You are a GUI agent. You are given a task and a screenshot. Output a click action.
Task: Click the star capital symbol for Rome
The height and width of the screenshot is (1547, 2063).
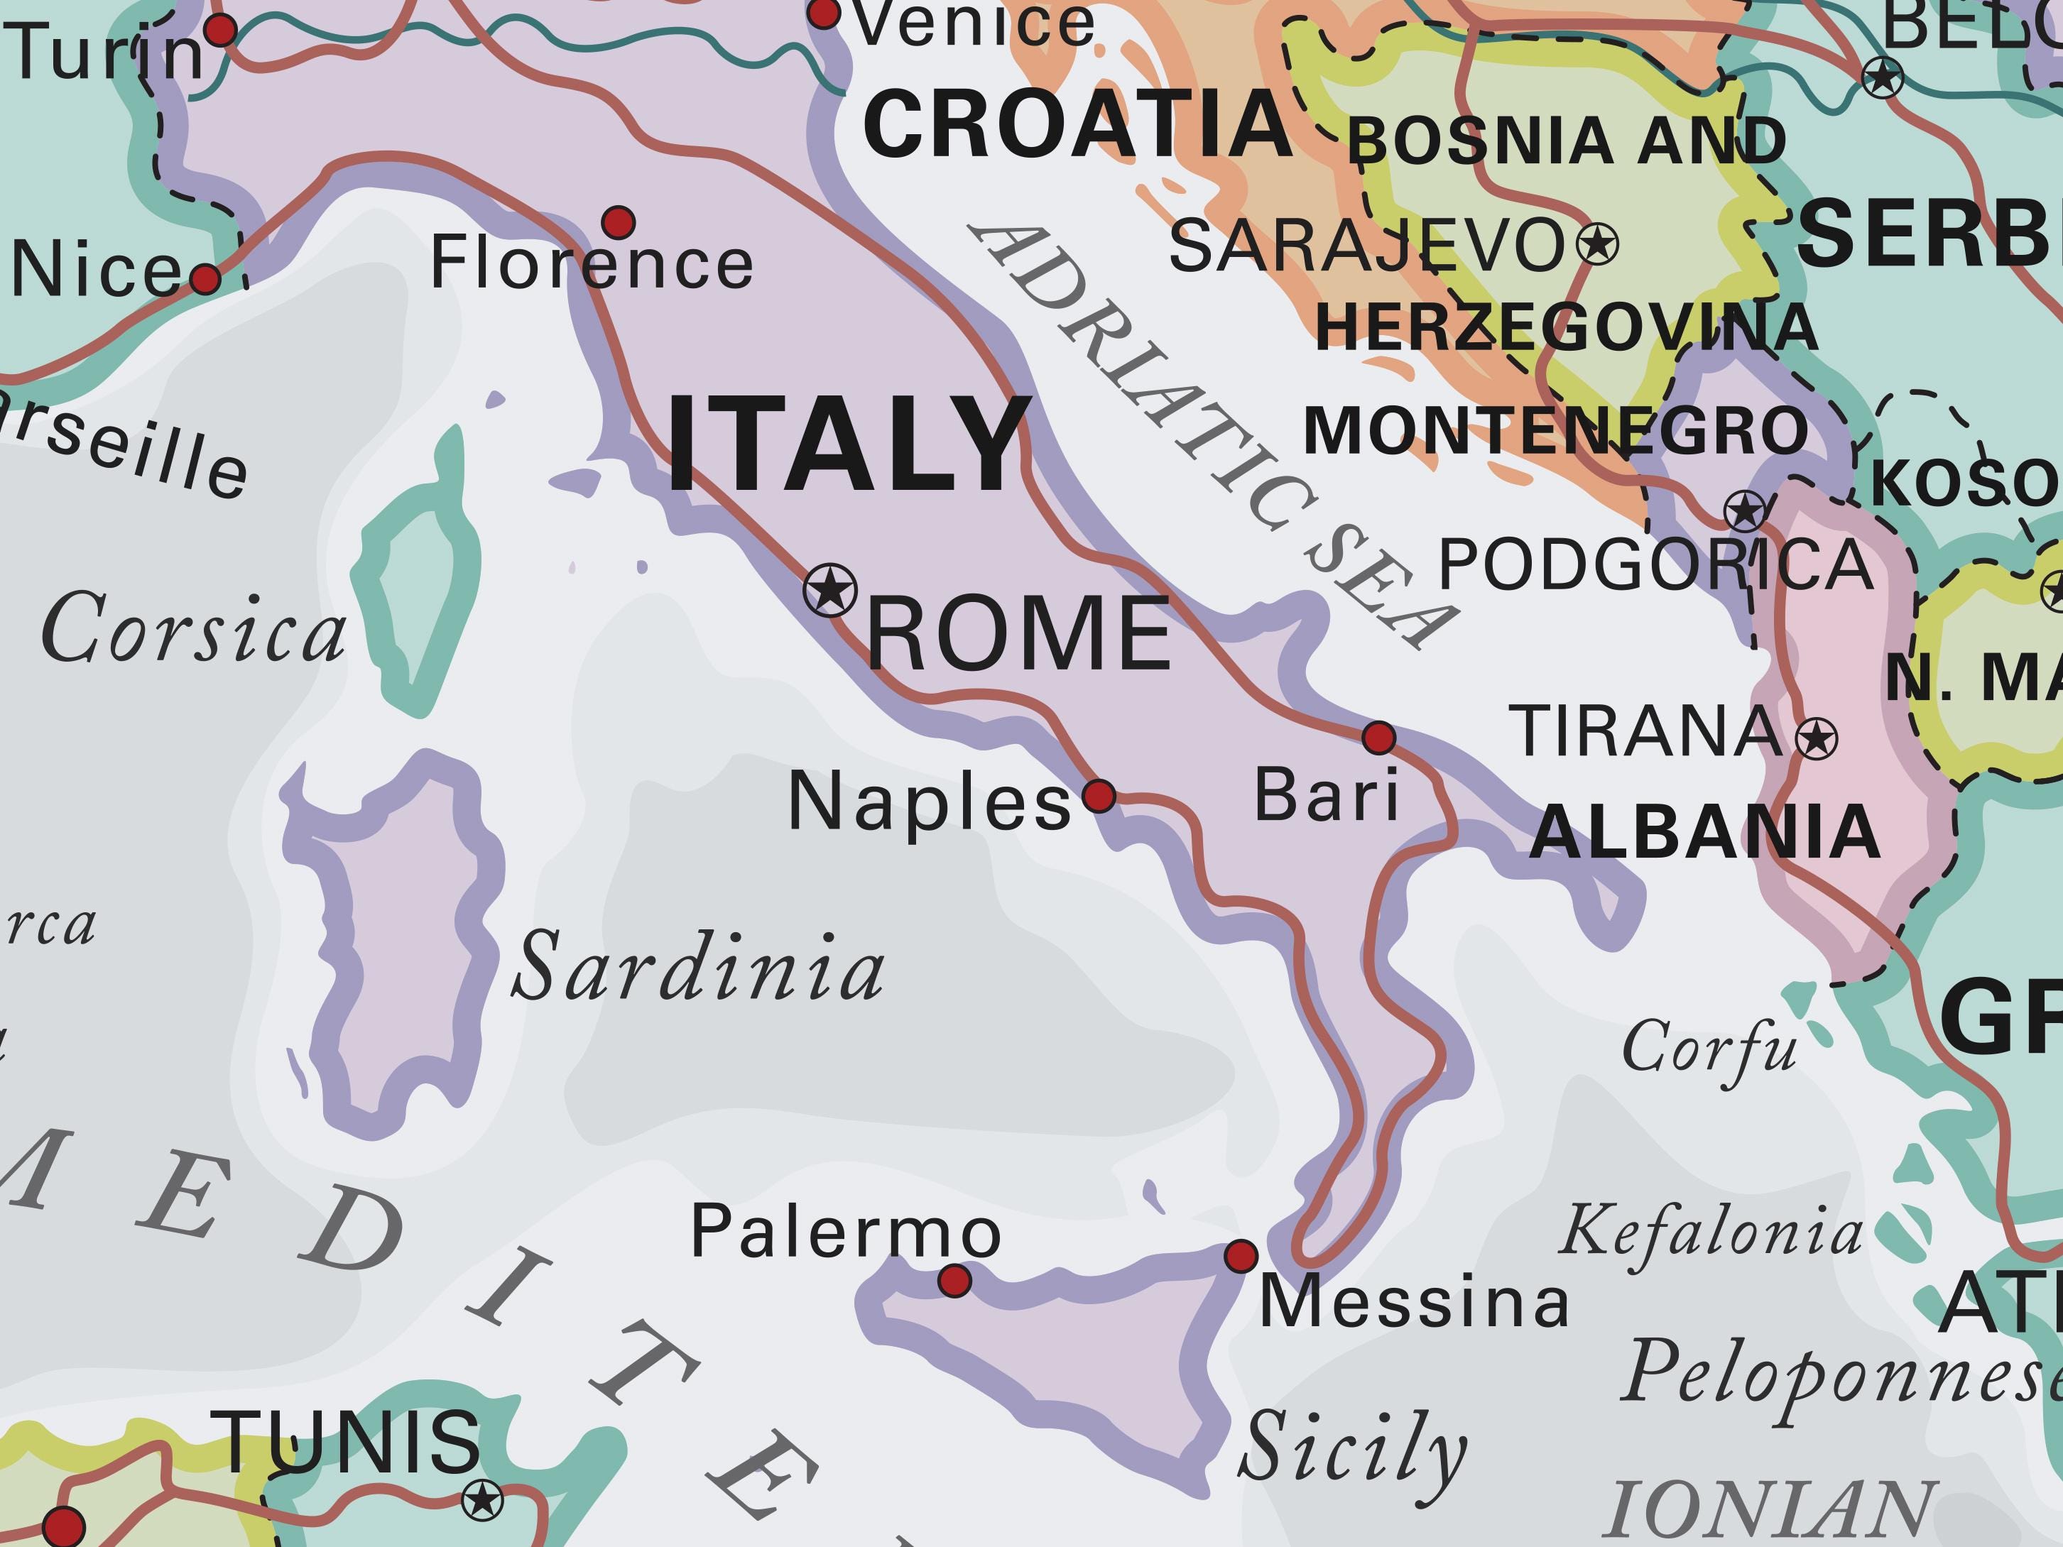(830, 589)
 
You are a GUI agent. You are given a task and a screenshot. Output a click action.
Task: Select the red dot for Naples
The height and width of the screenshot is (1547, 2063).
(1099, 795)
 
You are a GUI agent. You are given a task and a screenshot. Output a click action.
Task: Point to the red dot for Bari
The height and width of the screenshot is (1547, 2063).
(1378, 738)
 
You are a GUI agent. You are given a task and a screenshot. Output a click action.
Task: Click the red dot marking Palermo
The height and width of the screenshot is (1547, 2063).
(954, 1280)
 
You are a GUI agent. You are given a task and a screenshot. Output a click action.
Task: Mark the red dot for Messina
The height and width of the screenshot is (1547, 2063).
(1241, 1256)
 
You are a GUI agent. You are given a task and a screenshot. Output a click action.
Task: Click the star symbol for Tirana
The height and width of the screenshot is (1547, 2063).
(1816, 740)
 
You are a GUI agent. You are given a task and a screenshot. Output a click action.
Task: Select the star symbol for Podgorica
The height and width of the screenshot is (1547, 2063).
(1745, 511)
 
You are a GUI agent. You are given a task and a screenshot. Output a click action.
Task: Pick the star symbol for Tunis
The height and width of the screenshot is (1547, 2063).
(482, 1500)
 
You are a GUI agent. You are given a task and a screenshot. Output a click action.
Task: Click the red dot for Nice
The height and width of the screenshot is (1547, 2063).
(205, 278)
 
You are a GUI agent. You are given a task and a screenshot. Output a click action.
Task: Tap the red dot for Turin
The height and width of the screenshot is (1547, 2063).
(220, 30)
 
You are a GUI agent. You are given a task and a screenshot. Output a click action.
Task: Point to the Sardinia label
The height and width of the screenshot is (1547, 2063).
(699, 967)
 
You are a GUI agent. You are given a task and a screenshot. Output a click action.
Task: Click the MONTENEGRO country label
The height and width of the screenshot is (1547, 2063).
(1555, 431)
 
